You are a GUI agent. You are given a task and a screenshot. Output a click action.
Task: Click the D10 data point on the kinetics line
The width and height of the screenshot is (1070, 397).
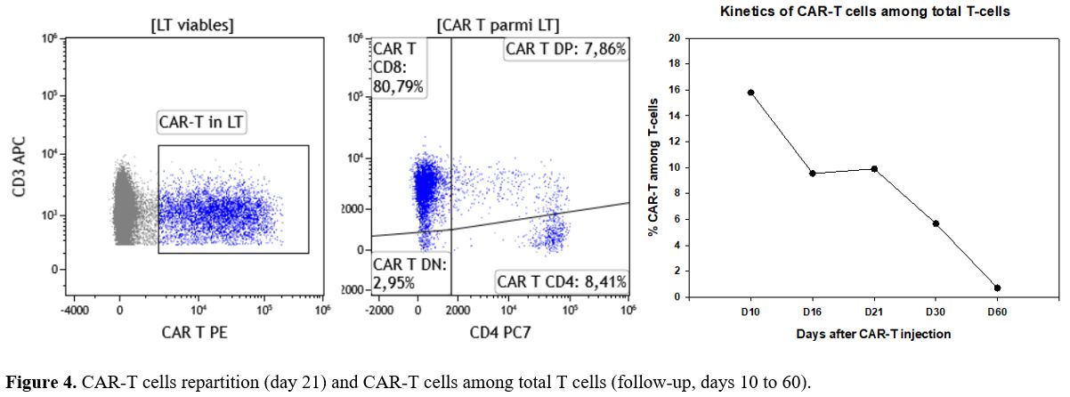[x=751, y=93]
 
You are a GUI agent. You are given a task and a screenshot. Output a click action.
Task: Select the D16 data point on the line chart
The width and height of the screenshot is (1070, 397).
[x=813, y=173]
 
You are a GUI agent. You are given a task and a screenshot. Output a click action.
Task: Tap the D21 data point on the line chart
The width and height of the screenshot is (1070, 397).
[x=874, y=168]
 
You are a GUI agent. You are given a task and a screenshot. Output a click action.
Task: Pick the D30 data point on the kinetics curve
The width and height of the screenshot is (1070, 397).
[x=936, y=223]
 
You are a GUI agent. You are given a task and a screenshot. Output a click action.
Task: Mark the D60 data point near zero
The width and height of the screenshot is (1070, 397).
[x=997, y=288]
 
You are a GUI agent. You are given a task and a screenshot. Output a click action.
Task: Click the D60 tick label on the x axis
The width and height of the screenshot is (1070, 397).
[x=997, y=312]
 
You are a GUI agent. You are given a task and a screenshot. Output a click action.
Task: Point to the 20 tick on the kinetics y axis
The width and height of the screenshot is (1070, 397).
[x=674, y=37]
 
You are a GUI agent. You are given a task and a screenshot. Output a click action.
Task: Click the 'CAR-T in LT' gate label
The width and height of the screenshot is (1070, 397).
[x=201, y=122]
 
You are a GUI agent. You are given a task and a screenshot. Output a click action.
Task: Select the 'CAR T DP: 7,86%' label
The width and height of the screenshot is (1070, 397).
[x=565, y=49]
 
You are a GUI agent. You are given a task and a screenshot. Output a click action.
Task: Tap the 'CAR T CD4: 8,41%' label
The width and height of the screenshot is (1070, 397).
[x=562, y=282]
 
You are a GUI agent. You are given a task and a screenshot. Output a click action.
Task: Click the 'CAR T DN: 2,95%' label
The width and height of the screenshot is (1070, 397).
[x=409, y=274]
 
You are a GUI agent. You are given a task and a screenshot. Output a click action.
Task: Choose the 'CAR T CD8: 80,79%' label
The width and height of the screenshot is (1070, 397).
[x=398, y=68]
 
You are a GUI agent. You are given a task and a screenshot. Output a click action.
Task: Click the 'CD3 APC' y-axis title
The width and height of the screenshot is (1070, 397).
[x=19, y=166]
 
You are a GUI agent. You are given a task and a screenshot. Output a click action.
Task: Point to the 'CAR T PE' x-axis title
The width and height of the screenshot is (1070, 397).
[x=194, y=332]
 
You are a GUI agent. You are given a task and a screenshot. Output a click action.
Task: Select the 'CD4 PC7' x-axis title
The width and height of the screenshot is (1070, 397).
[x=500, y=332]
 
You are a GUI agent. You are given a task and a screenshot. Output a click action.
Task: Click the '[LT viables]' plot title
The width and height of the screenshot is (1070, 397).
[x=192, y=25]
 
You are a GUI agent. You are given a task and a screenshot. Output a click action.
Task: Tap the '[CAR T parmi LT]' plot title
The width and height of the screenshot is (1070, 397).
[x=498, y=25]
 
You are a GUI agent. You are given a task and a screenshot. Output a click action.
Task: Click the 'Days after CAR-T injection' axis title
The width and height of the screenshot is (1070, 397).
[x=873, y=334]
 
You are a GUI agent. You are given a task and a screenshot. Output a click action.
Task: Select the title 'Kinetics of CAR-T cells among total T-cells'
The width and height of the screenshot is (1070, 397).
[x=865, y=12]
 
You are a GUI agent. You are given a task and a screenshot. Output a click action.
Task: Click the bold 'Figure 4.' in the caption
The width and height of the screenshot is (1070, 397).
[x=41, y=382]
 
